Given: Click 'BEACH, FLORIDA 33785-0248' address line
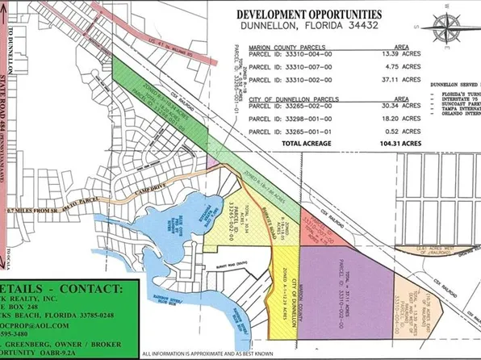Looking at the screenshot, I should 65,317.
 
